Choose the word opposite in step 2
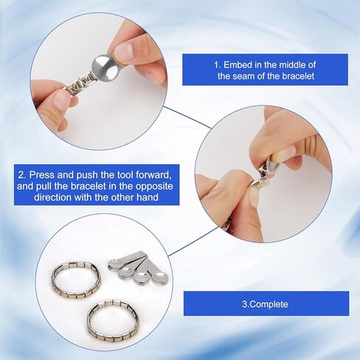coord(149,187)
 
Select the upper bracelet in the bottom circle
coord(75,280)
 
